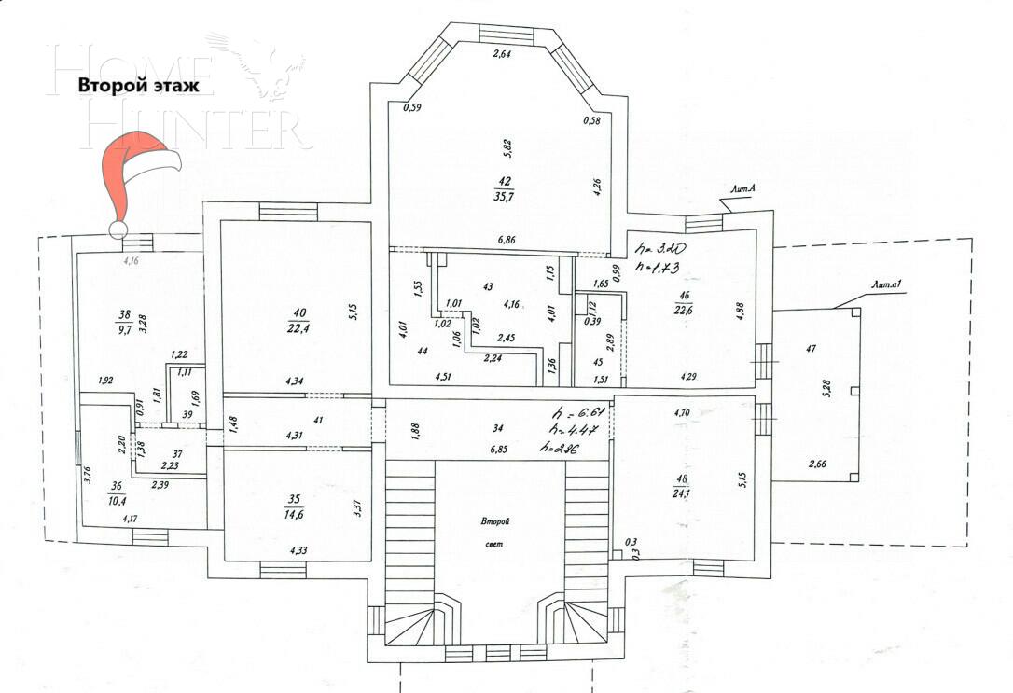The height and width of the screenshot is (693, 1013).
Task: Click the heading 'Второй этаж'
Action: (138, 85)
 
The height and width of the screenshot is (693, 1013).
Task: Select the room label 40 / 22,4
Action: (299, 319)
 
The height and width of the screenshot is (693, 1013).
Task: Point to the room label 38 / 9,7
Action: (123, 322)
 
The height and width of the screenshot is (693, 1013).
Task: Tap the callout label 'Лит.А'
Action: (742, 190)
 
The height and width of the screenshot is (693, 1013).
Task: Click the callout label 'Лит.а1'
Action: (884, 285)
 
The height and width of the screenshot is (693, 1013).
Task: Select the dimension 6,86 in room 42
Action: (507, 240)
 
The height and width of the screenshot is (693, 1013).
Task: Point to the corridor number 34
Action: (499, 429)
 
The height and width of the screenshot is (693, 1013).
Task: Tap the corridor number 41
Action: (318, 420)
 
